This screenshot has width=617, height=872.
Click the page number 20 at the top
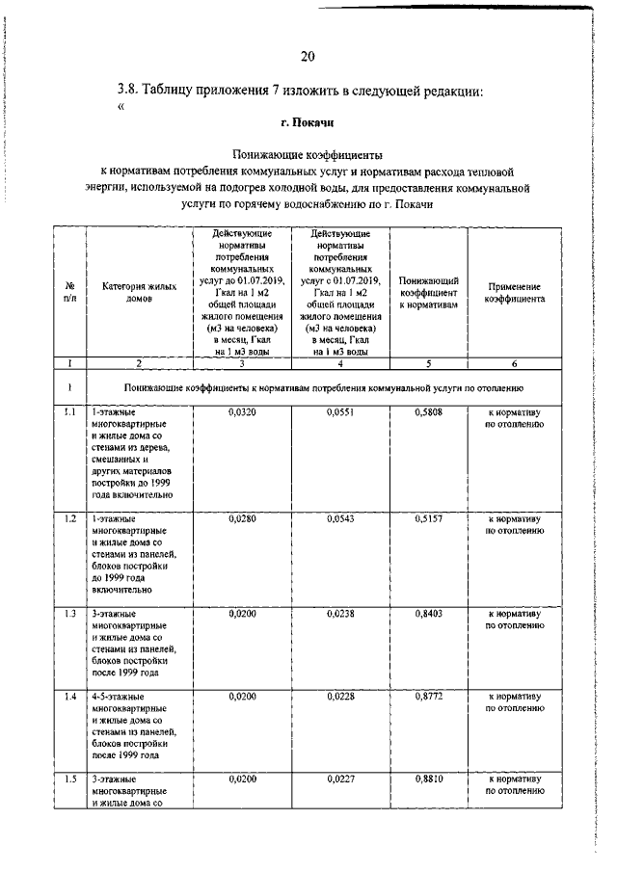(308, 56)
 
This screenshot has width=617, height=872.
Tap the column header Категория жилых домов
(140, 292)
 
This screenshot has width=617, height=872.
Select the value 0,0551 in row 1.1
(341, 411)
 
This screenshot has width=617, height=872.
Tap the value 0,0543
(341, 518)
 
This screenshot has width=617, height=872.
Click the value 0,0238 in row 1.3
(341, 613)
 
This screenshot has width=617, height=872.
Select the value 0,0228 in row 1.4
(341, 695)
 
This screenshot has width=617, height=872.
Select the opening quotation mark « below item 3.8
(121, 107)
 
